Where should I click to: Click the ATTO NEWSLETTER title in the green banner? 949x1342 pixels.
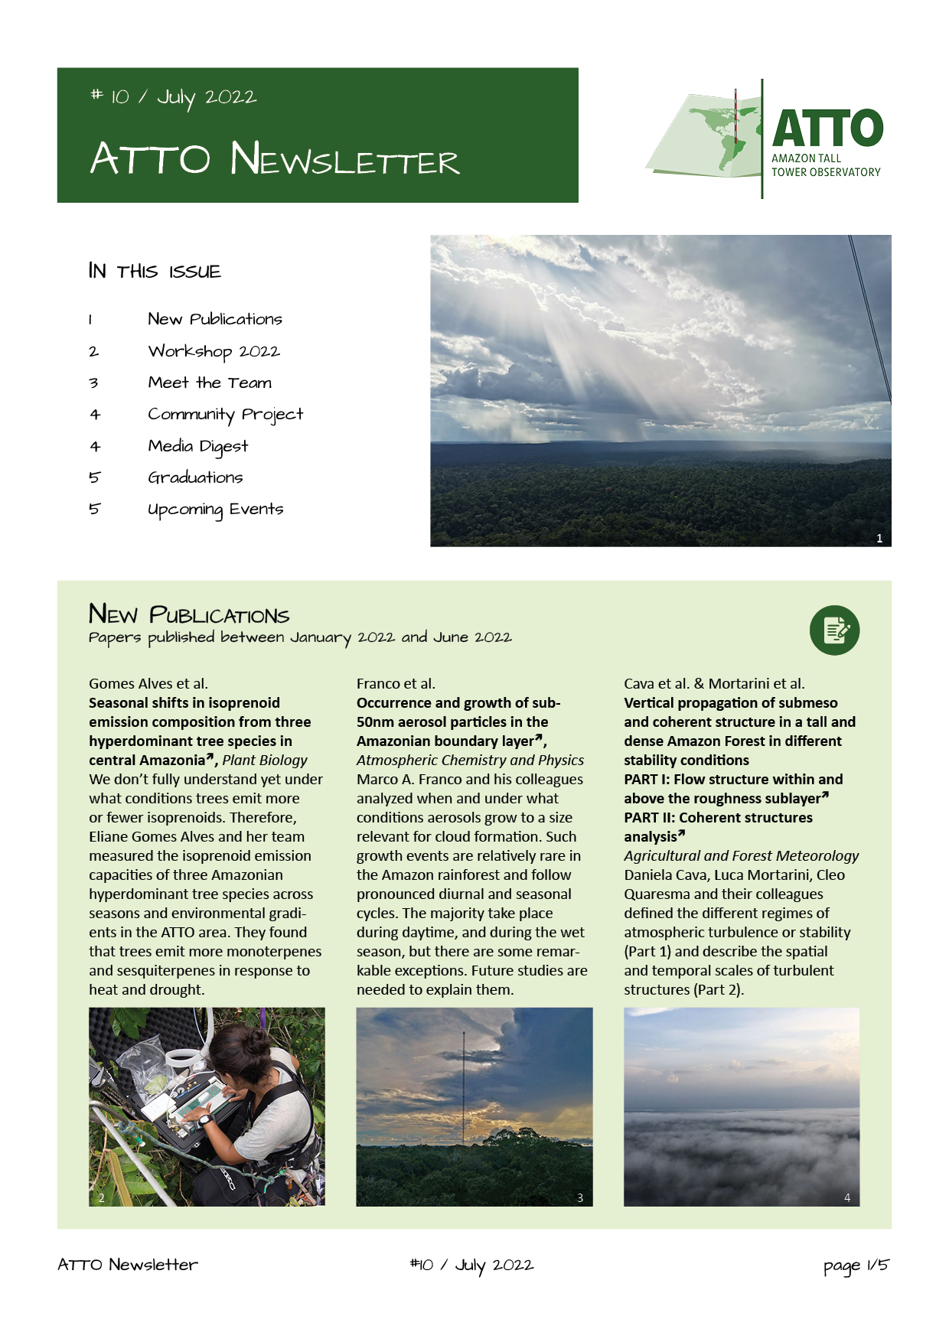pos(275,158)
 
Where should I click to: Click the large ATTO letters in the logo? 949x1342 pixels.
pos(827,128)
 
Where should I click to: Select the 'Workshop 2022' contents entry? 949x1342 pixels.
pos(214,351)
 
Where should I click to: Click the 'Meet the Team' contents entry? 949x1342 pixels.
pos(210,383)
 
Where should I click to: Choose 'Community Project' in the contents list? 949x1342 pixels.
pos(225,414)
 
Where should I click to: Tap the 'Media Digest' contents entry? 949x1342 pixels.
pos(197,446)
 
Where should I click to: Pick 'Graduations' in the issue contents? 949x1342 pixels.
pos(195,477)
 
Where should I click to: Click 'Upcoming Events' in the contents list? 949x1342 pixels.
pos(215,510)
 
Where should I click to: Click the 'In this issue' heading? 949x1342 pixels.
pos(155,271)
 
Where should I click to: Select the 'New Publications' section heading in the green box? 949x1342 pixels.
pos(189,614)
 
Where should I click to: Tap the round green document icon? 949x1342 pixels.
pos(834,630)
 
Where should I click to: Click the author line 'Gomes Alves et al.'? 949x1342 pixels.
pos(148,683)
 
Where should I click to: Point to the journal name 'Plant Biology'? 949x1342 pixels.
pos(265,760)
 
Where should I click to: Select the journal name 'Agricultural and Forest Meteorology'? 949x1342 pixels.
pos(741,855)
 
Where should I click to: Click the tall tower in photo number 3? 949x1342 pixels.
pos(462,1086)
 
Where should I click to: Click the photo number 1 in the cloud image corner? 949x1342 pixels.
pos(879,538)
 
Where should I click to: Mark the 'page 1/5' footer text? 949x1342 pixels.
pos(856,1265)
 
